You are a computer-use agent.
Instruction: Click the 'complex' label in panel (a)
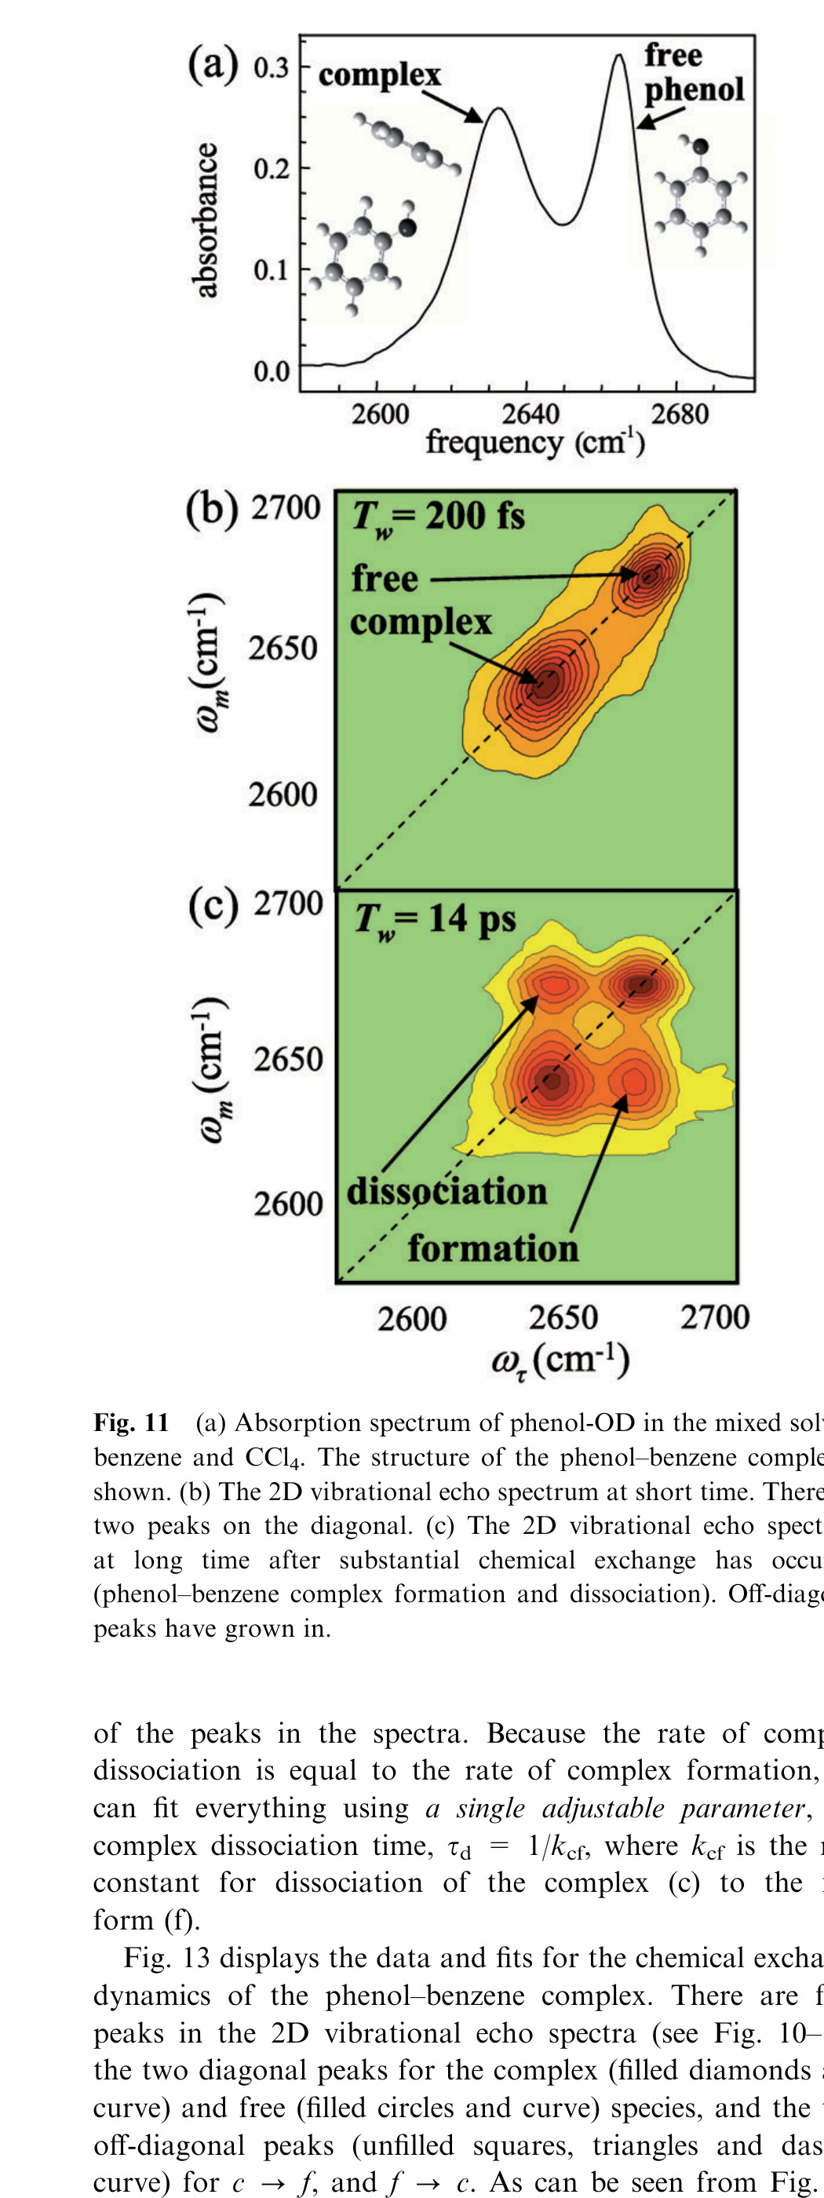click(x=379, y=75)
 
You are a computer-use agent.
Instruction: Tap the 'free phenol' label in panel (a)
click(x=693, y=72)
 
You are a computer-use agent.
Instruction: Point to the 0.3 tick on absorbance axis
click(x=271, y=68)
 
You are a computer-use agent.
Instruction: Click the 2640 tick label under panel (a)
click(x=530, y=414)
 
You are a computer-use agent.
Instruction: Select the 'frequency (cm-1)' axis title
click(x=535, y=443)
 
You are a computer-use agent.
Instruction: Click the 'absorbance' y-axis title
click(x=206, y=220)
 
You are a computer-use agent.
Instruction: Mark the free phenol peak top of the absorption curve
click(x=619, y=57)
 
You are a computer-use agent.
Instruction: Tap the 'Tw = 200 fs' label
click(x=439, y=517)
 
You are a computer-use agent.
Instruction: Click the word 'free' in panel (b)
click(x=384, y=579)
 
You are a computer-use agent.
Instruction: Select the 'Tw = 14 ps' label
click(x=435, y=920)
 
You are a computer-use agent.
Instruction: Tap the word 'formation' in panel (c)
click(x=492, y=1248)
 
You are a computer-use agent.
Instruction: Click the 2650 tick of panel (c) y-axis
click(x=288, y=1060)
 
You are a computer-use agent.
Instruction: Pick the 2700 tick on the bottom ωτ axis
click(x=714, y=1317)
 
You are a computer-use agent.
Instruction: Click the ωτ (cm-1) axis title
click(x=560, y=1360)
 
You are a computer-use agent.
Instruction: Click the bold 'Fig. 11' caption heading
click(x=130, y=1422)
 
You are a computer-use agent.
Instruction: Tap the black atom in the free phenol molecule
click(x=700, y=147)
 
